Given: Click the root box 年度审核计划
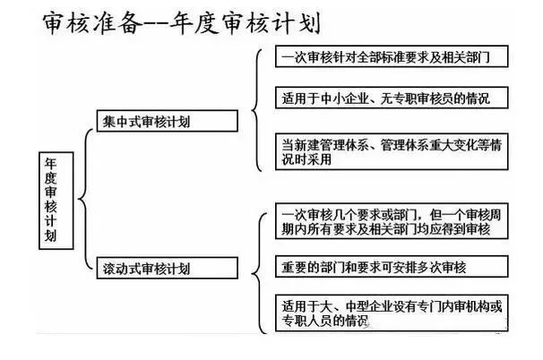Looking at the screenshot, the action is (x=56, y=201).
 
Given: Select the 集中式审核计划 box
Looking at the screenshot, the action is (x=168, y=121).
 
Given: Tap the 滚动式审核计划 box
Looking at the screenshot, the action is (x=168, y=268).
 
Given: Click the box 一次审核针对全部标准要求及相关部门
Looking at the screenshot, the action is (x=392, y=56).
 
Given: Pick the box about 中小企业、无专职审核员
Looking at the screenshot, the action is (x=392, y=98).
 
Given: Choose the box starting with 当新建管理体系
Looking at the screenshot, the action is (x=392, y=151).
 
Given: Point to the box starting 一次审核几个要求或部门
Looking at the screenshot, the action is (x=392, y=221).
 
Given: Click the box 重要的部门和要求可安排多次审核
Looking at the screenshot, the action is (x=392, y=267).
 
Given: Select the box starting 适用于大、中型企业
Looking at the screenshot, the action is (x=392, y=313).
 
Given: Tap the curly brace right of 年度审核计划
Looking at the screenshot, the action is (x=85, y=199).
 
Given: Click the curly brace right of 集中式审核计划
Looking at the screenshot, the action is (x=256, y=110).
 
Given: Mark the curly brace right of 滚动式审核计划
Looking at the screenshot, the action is (x=259, y=273).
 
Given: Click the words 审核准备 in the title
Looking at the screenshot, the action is (x=92, y=23).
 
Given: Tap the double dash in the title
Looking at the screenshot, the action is (x=156, y=23).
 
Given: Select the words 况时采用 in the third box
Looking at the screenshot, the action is (x=306, y=159).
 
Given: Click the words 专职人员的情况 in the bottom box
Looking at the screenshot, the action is (x=325, y=321).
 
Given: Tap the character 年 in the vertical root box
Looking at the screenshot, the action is (x=51, y=163).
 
